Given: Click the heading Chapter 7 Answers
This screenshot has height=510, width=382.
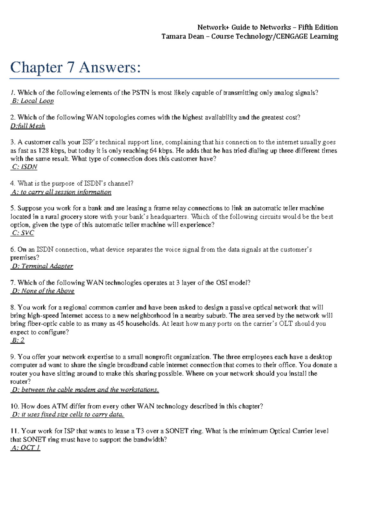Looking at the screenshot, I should pyautogui.click(x=75, y=67).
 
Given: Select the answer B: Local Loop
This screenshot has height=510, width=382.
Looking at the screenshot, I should pyautogui.click(x=32, y=101).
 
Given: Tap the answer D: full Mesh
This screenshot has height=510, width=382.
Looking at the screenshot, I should pyautogui.click(x=28, y=126).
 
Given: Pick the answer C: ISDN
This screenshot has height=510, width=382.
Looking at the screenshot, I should pyautogui.click(x=25, y=167).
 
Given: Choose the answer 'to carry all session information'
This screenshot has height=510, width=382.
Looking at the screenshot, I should pyautogui.click(x=61, y=192).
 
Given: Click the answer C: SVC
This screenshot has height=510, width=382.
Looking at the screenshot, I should pyautogui.click(x=23, y=233).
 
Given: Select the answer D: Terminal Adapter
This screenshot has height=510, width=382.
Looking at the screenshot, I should pyautogui.click(x=42, y=266).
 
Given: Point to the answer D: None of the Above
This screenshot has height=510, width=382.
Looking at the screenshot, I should pyautogui.click(x=43, y=291).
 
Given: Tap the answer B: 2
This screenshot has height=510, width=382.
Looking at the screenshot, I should pyautogui.click(x=18, y=340).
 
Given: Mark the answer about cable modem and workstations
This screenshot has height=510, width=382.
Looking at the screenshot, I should pyautogui.click(x=85, y=390).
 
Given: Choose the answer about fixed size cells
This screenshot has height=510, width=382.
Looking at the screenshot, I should pyautogui.click(x=68, y=414).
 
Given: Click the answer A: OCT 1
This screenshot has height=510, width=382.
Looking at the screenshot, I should pyautogui.click(x=26, y=448).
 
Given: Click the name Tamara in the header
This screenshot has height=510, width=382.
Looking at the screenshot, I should pyautogui.click(x=172, y=36).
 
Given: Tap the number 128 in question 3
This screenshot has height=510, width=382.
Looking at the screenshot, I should pyautogui.click(x=44, y=151).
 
